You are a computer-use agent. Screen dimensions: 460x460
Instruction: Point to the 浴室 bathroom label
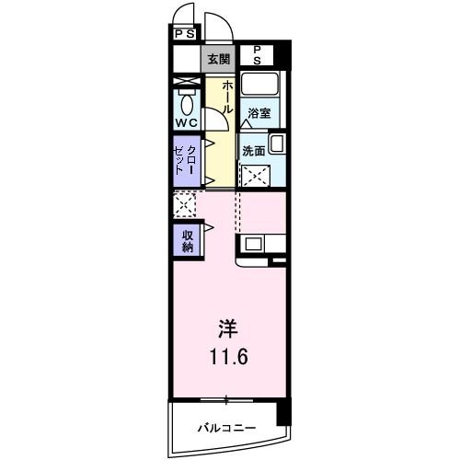[259, 114]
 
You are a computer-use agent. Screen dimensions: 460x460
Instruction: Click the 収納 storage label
[187, 240]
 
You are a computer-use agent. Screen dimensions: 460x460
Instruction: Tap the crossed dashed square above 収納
[184, 204]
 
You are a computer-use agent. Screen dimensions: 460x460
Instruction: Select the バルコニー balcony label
[226, 428]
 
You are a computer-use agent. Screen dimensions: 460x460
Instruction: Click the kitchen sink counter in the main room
[261, 246]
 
